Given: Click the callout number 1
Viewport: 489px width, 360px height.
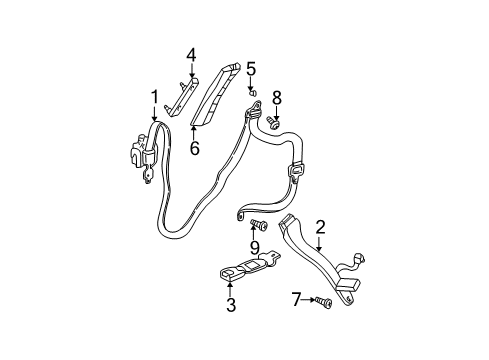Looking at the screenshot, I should [x=155, y=96].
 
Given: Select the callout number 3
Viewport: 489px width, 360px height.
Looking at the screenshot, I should [x=230, y=307].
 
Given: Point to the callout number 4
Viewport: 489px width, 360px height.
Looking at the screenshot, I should [x=191, y=54].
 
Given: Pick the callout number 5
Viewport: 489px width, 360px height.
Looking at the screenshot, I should [x=251, y=69].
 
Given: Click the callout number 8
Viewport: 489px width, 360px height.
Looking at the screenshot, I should [x=277, y=97].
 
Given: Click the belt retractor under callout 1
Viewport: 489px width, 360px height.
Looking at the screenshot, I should [x=141, y=155].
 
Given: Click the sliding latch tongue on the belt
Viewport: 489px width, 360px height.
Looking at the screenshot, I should [x=296, y=171].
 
